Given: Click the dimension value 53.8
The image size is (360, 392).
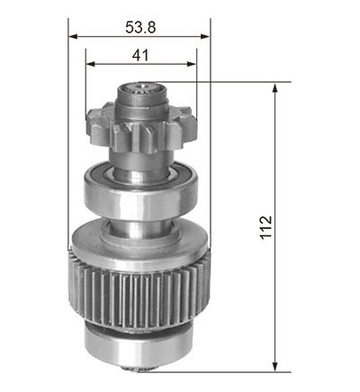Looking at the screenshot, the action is [140, 28].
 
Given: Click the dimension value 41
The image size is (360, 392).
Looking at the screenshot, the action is [140, 55].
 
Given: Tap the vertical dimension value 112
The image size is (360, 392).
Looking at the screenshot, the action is [265, 227].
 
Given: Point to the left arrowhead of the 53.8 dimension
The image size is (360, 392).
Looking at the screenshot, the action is [73, 37].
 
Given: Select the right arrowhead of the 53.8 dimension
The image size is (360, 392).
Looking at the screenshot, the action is [205, 37].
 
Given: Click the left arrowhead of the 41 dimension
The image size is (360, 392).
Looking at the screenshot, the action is [91, 64].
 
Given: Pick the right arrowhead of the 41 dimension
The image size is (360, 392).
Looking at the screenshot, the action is [192, 64].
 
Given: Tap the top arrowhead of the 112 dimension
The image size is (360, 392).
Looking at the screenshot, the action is [274, 88].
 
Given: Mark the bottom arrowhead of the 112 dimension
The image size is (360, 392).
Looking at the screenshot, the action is [274, 366].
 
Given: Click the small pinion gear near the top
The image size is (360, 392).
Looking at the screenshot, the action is [141, 128].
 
